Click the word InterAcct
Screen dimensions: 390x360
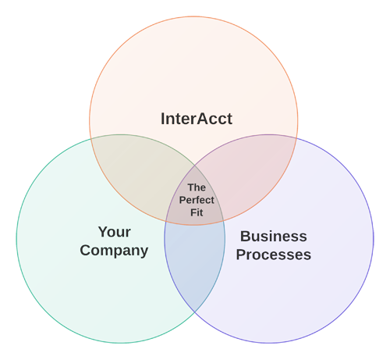pos(197,119)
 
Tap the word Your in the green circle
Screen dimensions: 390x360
pos(115,232)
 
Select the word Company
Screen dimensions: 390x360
pos(114,251)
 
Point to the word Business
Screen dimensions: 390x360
pos(273,237)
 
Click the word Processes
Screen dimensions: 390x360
pos(274,255)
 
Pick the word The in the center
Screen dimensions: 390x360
pos(197,187)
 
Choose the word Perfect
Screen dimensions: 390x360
pos(197,200)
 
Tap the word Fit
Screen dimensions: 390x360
pos(197,212)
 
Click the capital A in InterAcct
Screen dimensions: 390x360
pos(203,119)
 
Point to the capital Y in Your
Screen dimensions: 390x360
pos(103,232)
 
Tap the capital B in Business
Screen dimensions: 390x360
pos(246,237)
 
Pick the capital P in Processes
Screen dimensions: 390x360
pos(241,255)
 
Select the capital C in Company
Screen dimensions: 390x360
pos(86,250)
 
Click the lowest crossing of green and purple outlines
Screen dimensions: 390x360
pos(195,312)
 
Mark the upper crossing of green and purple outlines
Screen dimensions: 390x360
pos(195,165)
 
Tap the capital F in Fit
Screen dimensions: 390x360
pos(193,212)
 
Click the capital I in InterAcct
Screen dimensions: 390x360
pos(163,119)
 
